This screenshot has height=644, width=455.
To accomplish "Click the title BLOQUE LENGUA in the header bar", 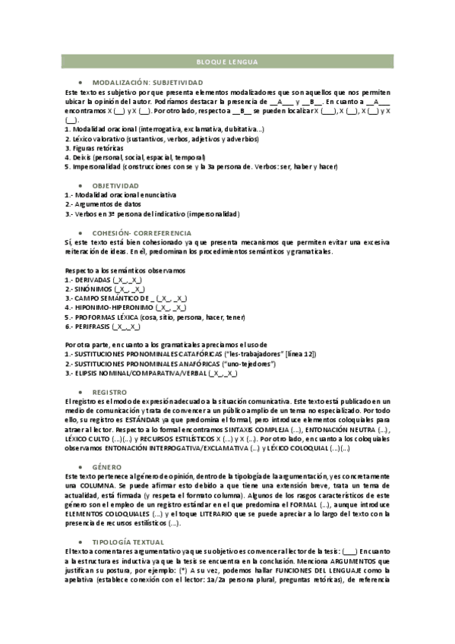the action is coord(226,62).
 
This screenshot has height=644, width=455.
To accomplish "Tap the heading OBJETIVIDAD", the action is coord(115,185).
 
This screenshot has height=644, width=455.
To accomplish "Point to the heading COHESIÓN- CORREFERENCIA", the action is coord(141,233).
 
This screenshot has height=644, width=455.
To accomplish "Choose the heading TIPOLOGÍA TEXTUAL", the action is coord(127,541).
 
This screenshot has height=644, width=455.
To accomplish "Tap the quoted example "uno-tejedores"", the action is coord(251,364).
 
